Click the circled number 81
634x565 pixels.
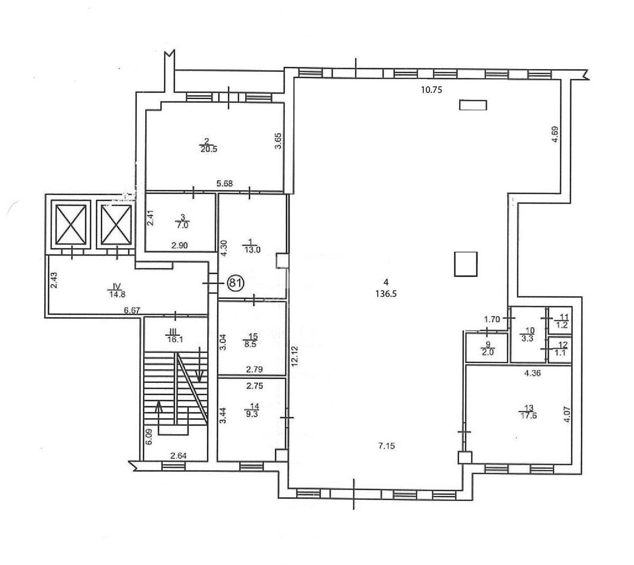click(235, 283)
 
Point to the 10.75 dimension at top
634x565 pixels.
click(431, 90)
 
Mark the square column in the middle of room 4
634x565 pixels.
click(466, 264)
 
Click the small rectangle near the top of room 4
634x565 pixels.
click(472, 105)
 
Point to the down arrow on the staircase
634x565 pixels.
click(200, 364)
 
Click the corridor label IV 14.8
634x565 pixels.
click(114, 291)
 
